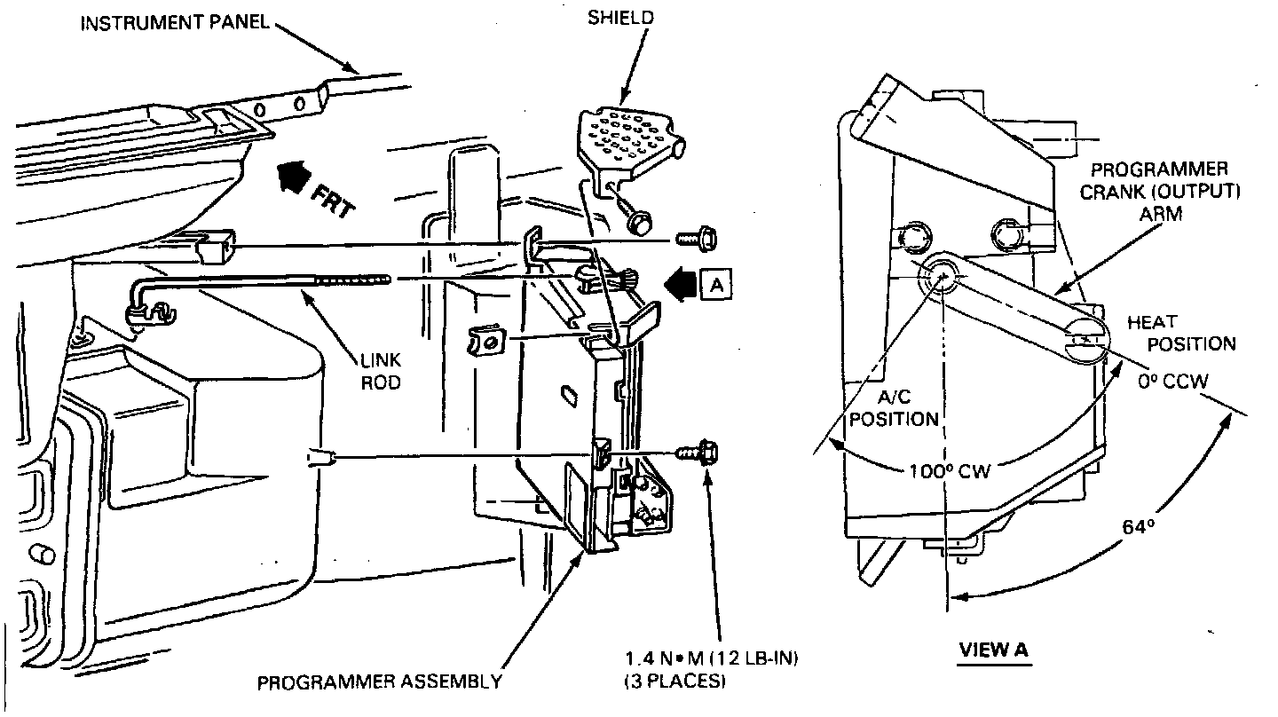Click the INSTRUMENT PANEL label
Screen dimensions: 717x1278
(x=174, y=22)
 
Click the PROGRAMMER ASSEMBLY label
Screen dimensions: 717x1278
(x=379, y=682)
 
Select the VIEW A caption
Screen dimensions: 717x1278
(x=993, y=650)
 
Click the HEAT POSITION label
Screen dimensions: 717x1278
(x=1180, y=332)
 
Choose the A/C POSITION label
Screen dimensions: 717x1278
(x=894, y=409)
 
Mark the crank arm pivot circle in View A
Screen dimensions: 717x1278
(x=940, y=276)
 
